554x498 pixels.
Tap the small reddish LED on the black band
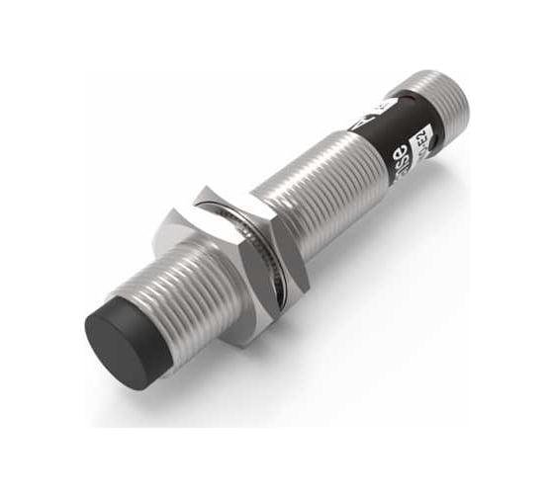pos(396,98)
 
